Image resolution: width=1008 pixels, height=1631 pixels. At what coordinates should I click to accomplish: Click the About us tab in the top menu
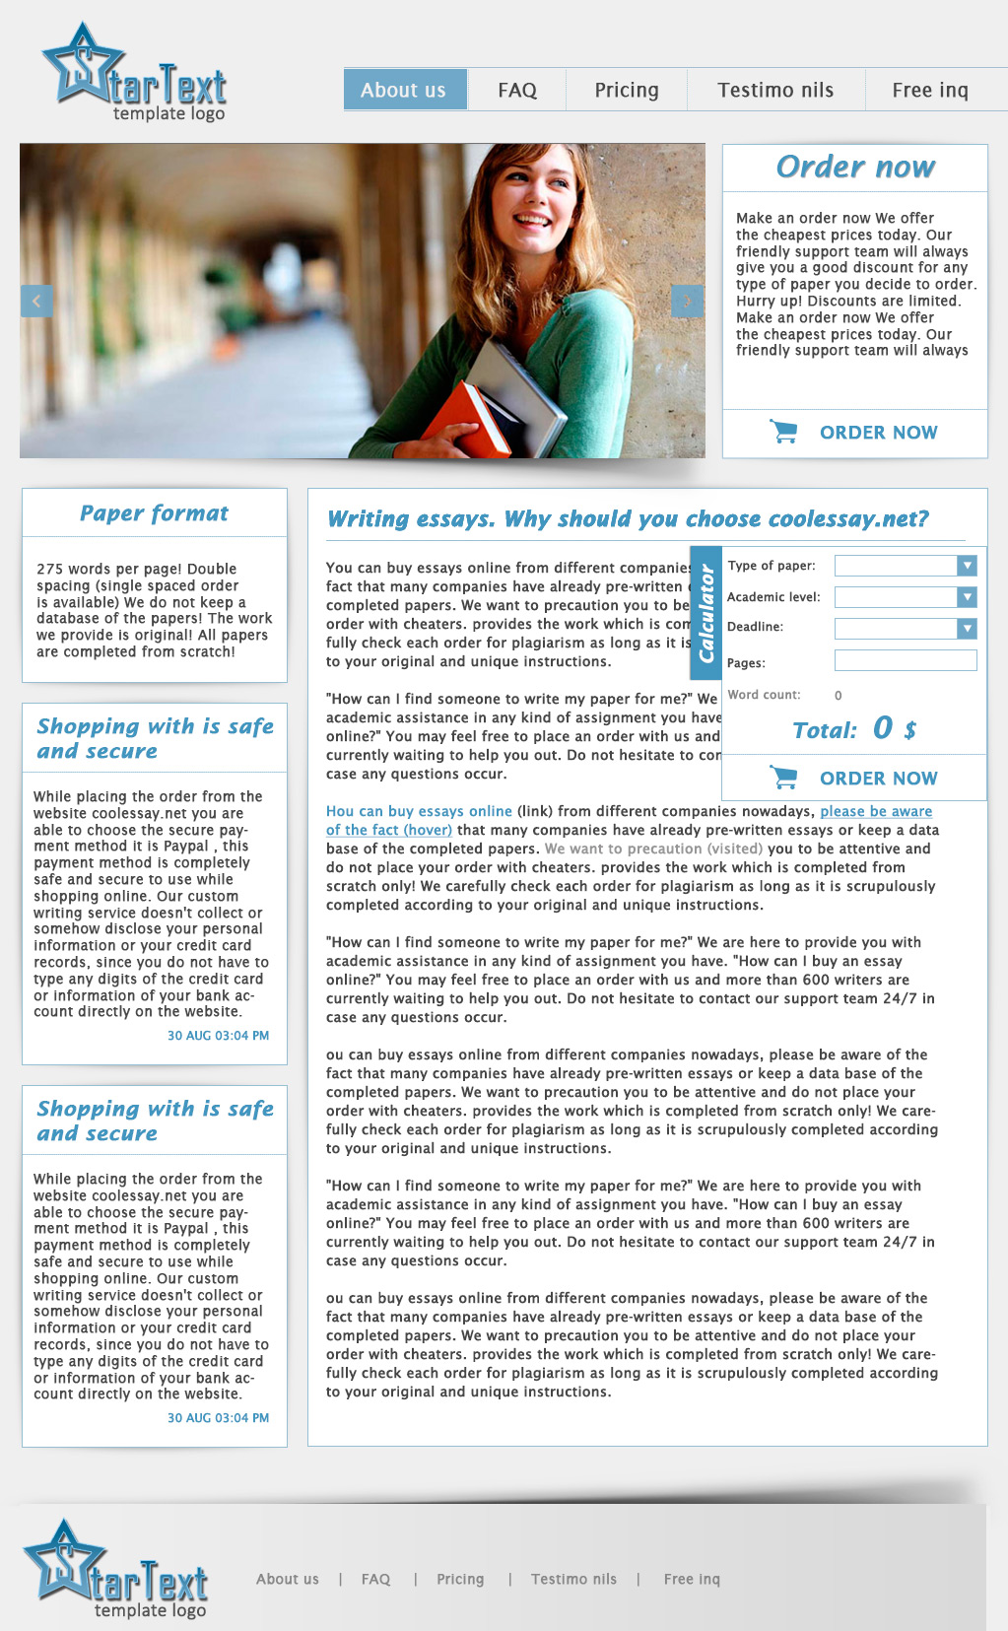pos(404,90)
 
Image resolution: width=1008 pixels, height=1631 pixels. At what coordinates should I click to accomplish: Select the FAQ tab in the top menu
pos(517,90)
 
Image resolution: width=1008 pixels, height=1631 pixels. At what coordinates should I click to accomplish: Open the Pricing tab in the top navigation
pos(627,90)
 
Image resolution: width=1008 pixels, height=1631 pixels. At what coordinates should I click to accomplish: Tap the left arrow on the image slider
pos(36,301)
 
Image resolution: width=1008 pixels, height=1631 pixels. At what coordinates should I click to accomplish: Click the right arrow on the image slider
pos(687,301)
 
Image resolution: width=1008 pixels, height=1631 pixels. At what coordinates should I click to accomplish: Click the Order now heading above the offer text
pos(855,167)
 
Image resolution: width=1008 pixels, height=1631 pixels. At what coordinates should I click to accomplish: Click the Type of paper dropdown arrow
pos(967,565)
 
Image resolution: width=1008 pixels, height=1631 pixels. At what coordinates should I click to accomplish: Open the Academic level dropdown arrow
pos(967,596)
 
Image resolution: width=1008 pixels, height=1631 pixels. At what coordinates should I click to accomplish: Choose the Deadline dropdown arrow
pos(967,628)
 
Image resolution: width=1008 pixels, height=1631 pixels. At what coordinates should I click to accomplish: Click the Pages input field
pos(905,660)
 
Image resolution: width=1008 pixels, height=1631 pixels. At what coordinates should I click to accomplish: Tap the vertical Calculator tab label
pos(706,613)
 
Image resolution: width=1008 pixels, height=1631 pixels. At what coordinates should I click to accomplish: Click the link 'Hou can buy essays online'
pos(419,811)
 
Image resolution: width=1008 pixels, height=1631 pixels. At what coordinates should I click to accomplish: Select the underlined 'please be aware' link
pos(876,811)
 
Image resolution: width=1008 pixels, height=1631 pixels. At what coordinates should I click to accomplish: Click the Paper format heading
pos(154,513)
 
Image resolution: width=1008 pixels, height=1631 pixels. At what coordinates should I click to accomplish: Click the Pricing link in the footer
pos(460,1579)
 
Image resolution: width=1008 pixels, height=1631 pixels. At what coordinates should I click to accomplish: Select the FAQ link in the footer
pos(375,1579)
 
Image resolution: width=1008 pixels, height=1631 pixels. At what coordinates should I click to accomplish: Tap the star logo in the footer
pos(64,1559)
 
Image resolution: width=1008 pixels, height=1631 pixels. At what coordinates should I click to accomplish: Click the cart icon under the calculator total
pos(783,778)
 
